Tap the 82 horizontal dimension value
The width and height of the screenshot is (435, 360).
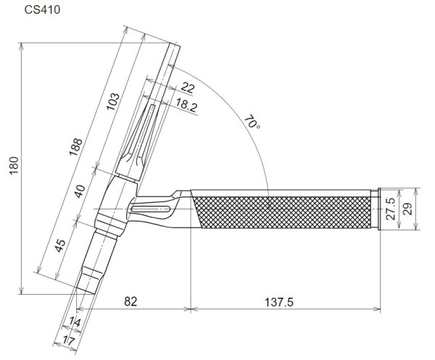(x=130, y=300)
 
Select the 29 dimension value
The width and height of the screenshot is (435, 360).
(x=407, y=210)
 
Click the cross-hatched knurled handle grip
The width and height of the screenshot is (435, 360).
(x=283, y=210)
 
